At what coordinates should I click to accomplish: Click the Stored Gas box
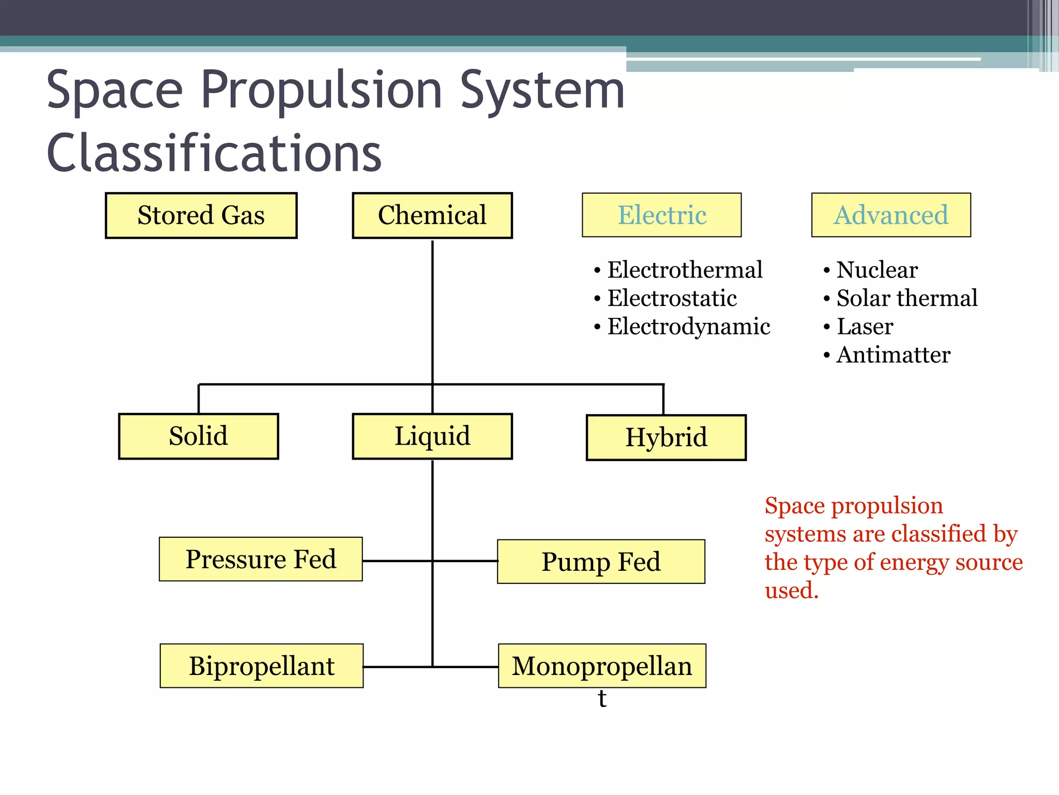click(201, 215)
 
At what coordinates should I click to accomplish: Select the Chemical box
click(432, 215)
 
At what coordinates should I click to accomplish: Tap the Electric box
click(662, 215)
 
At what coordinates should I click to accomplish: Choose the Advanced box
click(891, 215)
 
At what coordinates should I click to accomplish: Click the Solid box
click(199, 436)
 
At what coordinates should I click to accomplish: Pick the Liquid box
click(432, 436)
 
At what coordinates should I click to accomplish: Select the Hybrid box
click(666, 437)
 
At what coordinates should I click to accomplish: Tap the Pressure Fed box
click(261, 560)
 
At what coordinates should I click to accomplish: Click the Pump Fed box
click(601, 562)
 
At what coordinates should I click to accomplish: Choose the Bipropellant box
click(262, 666)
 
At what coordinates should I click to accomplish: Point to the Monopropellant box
click(602, 666)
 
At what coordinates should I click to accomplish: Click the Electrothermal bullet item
click(685, 270)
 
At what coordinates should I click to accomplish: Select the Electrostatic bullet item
click(672, 299)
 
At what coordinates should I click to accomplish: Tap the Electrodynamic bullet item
click(688, 327)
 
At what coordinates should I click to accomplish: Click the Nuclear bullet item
click(877, 270)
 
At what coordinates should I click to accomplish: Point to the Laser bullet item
click(865, 327)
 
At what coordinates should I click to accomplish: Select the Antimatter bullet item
click(893, 355)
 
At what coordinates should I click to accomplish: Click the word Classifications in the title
click(214, 153)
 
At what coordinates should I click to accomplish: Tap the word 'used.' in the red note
click(792, 591)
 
